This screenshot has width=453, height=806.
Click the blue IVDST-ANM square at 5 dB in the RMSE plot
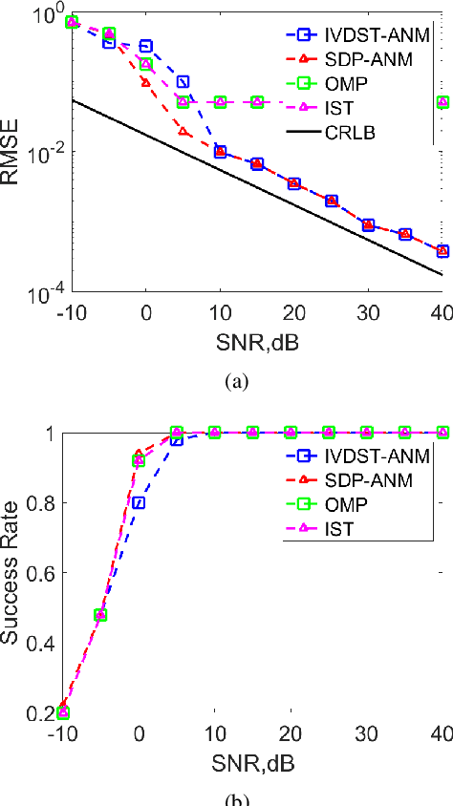click(183, 82)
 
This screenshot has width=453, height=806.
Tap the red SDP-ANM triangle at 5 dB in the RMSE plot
click(183, 130)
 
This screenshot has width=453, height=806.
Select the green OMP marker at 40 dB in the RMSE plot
click(442, 101)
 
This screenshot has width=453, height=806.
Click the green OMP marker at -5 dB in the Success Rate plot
click(100, 615)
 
